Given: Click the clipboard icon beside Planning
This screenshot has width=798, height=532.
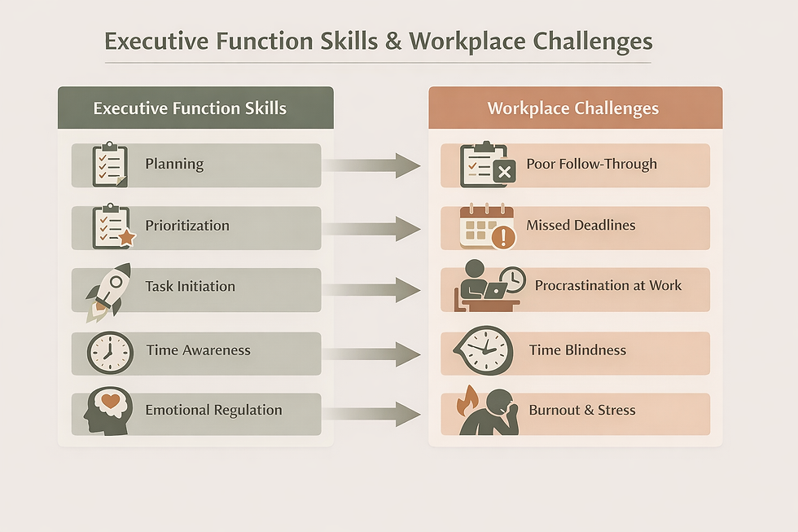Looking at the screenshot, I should tap(109, 165).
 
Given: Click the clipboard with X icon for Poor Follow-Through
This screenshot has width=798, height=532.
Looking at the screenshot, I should tap(486, 165).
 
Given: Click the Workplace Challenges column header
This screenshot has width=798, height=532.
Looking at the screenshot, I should tap(573, 108).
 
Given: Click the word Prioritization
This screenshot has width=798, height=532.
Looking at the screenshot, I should tap(187, 226).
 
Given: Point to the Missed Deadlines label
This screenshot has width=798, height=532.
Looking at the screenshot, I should tap(581, 225).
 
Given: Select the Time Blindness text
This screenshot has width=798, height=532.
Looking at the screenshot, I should tap(577, 350).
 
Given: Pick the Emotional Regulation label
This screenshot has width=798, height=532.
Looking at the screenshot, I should tap(213, 410).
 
